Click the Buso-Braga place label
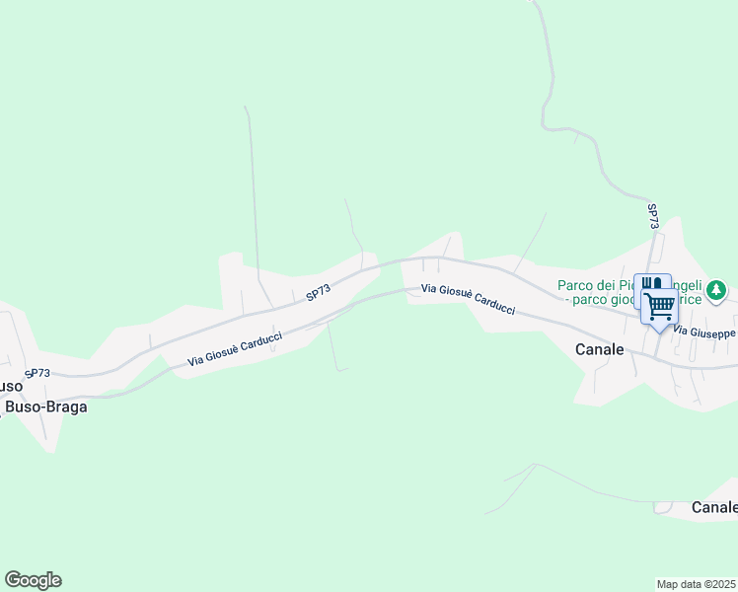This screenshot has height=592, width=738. (46, 407)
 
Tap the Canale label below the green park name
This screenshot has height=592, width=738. (600, 349)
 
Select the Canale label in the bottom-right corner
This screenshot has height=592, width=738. (714, 507)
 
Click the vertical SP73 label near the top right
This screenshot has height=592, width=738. (653, 217)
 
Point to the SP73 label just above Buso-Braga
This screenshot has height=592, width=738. (37, 373)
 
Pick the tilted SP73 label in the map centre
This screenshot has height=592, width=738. (317, 293)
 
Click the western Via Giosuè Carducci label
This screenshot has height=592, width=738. (235, 350)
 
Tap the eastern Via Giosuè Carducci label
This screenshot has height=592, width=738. (468, 299)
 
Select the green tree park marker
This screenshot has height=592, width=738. (718, 291)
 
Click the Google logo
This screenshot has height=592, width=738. (33, 580)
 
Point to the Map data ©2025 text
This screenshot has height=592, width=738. (697, 584)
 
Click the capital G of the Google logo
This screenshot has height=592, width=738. (13, 580)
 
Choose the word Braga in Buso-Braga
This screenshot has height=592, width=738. (66, 407)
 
